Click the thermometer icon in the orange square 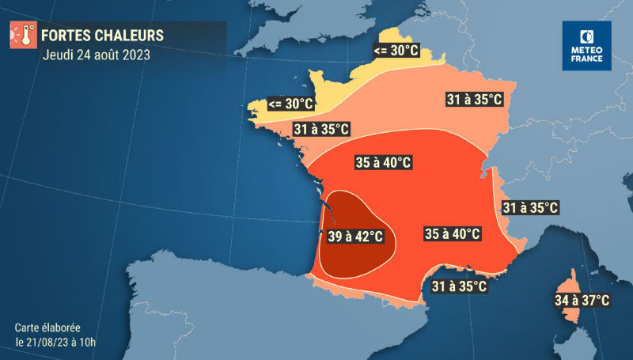coord(21,36)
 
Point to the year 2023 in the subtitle coord(131,55)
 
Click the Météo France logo coord(586,46)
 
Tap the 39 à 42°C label coord(356,237)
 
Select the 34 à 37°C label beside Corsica coord(582,300)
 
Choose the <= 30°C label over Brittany coord(290,104)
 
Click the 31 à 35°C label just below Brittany coord(320,129)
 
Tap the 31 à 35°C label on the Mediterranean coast coord(458,286)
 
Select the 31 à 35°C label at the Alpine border coord(531,208)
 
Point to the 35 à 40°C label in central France coord(383,163)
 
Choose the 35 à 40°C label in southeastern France coord(453,233)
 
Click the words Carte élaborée coord(47,327)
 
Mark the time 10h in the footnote coord(97,343)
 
